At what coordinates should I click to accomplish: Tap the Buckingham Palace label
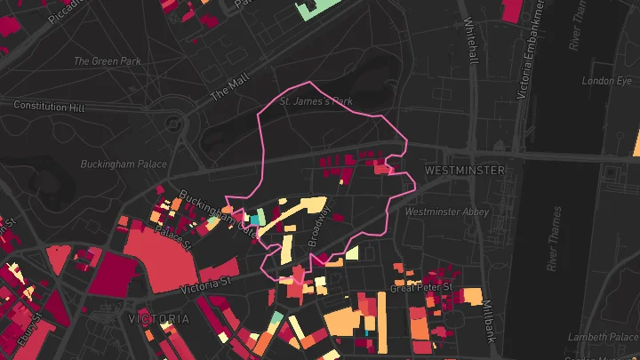click(124, 164)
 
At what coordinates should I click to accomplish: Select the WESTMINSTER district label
click(465, 170)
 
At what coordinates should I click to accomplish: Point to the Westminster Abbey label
click(446, 212)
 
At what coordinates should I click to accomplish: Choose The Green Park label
click(107, 61)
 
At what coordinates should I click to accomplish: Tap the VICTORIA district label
click(158, 318)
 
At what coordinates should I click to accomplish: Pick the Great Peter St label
click(422, 289)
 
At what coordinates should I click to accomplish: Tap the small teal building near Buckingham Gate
click(253, 219)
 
